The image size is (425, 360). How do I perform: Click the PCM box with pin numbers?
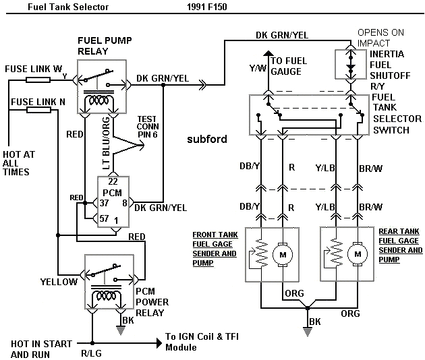point(115,202)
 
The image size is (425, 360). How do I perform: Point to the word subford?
point(206,140)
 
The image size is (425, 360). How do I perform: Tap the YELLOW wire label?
point(58,282)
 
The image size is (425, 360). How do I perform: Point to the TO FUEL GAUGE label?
point(289,65)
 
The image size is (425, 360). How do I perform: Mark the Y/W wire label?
point(258,67)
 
